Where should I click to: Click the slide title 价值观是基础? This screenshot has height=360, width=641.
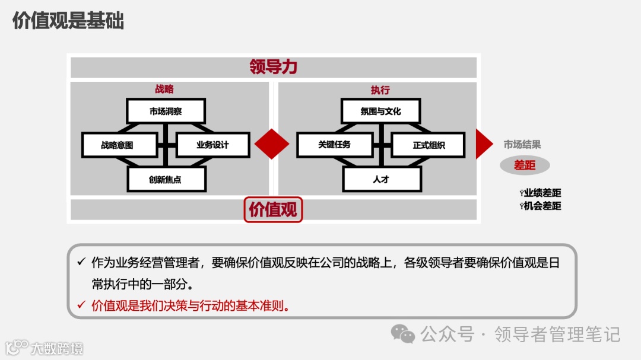[68, 21]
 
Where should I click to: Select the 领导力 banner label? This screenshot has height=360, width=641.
[273, 66]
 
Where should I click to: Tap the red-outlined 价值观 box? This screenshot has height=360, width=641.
[273, 209]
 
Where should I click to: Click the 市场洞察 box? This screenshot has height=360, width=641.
[166, 111]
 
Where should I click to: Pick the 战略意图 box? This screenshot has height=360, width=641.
[119, 145]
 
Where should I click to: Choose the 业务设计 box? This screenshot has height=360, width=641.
[212, 145]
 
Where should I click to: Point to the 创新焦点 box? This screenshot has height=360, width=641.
[166, 179]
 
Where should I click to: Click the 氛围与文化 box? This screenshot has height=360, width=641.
[380, 111]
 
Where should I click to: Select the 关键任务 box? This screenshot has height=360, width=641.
[334, 145]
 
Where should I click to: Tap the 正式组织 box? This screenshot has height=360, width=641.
[428, 145]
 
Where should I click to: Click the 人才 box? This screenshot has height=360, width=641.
[380, 179]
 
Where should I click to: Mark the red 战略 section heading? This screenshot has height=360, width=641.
[164, 90]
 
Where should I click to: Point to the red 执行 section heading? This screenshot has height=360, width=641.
[380, 90]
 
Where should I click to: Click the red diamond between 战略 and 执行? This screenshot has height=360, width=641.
[272, 144]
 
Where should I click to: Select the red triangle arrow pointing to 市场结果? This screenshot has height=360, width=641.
[483, 144]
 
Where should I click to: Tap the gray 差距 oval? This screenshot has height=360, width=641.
[525, 165]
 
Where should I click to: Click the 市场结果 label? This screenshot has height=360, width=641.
[522, 145]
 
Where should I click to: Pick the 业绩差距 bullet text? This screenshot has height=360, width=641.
[542, 193]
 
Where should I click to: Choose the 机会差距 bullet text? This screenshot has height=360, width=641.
[542, 206]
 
